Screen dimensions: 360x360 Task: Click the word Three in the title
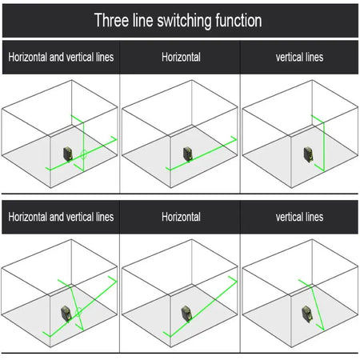[x=112, y=20]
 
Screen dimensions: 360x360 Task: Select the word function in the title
[x=238, y=20]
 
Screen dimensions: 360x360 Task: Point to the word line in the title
[x=143, y=20]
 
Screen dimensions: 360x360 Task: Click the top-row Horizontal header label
[x=181, y=57]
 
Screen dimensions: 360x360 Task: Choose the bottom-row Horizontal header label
[x=181, y=217]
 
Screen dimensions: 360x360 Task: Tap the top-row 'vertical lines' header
[x=299, y=57]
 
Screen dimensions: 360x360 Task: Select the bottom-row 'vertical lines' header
[x=299, y=217]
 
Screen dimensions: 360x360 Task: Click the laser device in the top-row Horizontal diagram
[x=188, y=154]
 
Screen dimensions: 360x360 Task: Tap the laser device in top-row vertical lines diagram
[x=308, y=154]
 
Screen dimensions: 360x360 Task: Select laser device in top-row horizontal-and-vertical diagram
[x=68, y=154]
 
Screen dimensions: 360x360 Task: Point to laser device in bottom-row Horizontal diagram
[x=186, y=314]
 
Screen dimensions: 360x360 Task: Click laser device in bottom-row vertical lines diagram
[x=307, y=314]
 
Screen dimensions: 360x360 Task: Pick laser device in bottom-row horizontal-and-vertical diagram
[x=66, y=314]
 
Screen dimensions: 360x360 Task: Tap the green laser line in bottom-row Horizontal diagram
[x=200, y=306]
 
